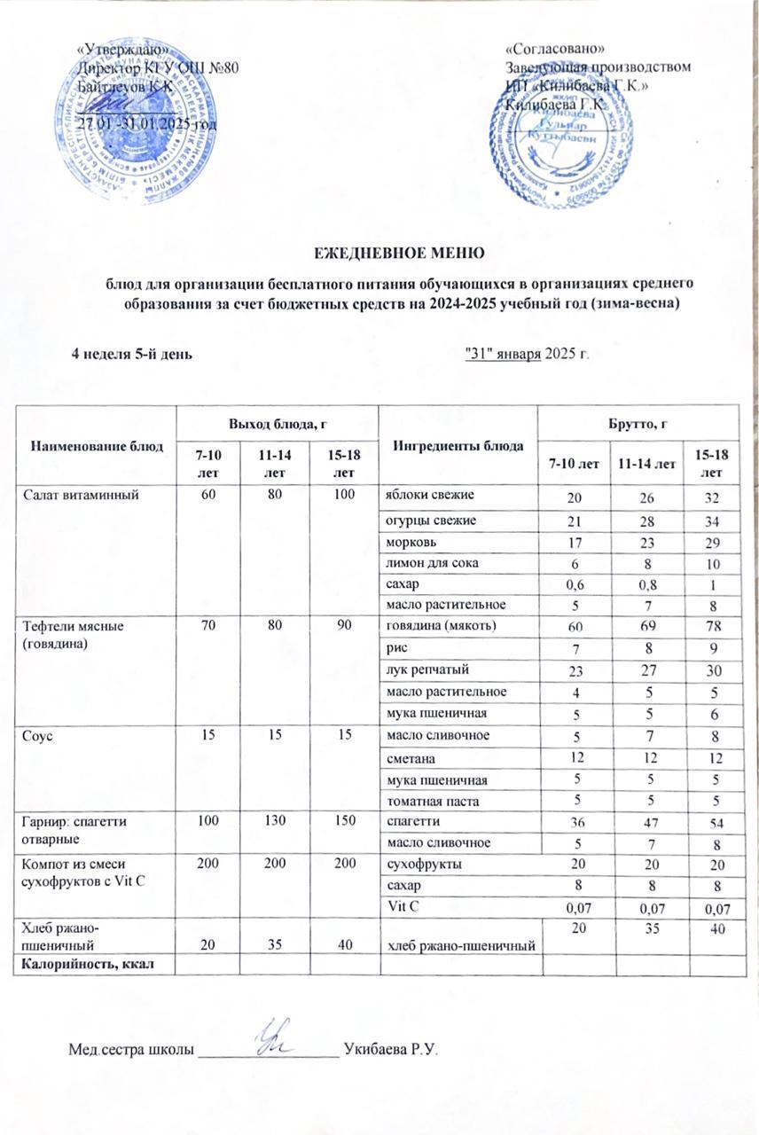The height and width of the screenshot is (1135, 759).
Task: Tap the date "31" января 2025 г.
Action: (528, 353)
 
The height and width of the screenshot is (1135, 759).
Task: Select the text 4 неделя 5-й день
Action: (132, 353)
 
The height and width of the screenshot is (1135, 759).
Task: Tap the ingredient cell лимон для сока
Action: (421, 561)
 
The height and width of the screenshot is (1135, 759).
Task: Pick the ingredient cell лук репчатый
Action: (422, 669)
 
